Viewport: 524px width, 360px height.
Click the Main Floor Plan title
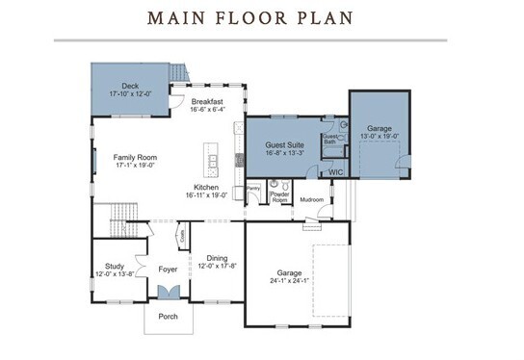tap(249, 18)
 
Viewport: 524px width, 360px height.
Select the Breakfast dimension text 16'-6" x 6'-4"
tap(207, 111)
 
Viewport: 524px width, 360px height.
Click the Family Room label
tap(135, 157)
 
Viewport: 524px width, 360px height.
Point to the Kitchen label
tap(206, 187)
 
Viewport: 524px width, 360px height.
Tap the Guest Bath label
tap(330, 140)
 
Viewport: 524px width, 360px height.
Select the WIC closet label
tap(335, 173)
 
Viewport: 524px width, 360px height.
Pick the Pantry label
tap(254, 189)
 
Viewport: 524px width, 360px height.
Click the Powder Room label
tap(280, 197)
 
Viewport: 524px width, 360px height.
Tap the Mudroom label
tap(312, 200)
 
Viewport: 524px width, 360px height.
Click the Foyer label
tap(168, 270)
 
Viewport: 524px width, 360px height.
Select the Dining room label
tap(217, 258)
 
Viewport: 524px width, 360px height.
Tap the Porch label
tap(168, 316)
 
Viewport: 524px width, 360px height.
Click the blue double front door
tap(168, 293)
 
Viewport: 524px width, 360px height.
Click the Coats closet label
tap(181, 235)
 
